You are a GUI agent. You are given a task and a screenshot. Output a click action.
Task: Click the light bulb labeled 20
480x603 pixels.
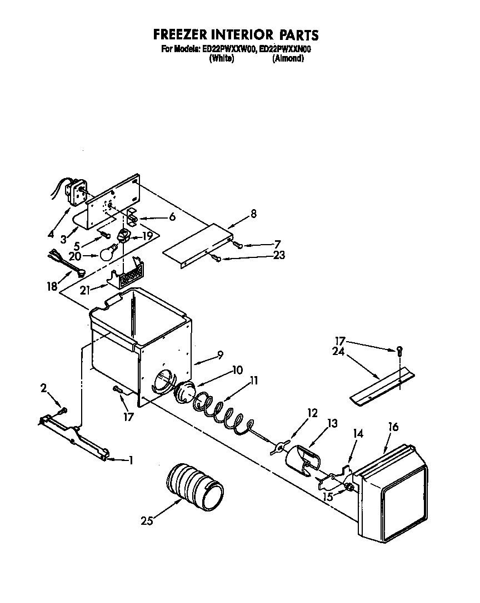click(x=108, y=254)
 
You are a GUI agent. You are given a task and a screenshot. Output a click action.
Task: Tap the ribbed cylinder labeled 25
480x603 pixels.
click(x=195, y=484)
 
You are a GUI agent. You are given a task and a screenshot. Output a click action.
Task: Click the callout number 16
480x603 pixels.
click(x=393, y=427)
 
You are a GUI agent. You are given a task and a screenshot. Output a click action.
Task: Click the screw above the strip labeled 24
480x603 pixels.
click(x=399, y=349)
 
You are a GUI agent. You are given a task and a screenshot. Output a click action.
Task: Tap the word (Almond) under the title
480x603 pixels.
click(x=288, y=59)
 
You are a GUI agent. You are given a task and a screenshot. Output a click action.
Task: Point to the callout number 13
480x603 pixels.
click(x=332, y=424)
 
